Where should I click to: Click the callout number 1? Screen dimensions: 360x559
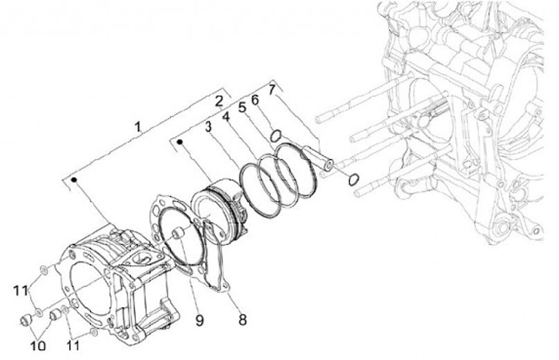(137, 126)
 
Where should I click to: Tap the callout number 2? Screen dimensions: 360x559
(220, 100)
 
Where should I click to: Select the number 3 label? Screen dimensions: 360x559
(208, 127)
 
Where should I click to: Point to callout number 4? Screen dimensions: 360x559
(226, 117)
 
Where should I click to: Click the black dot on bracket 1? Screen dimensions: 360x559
(75, 180)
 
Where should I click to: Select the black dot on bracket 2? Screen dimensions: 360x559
(180, 142)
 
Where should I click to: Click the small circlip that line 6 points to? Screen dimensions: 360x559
(276, 137)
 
